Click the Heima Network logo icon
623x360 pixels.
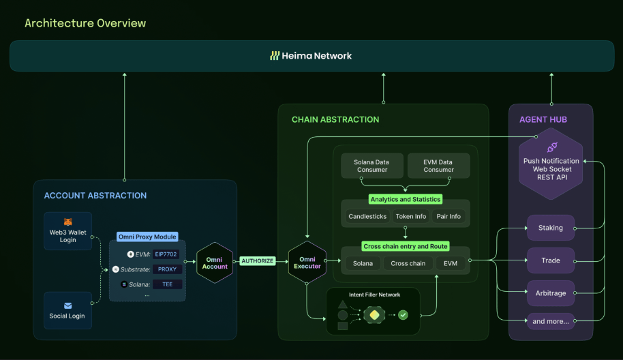tap(275, 56)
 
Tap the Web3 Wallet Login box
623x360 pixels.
tap(67, 230)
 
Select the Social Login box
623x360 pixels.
tap(67, 310)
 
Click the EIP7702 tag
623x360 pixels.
tap(167, 254)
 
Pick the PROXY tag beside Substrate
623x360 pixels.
tap(167, 269)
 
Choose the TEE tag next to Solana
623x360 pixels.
tap(167, 284)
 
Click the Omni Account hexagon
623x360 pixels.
tap(215, 262)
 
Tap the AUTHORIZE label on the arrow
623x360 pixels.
tap(258, 261)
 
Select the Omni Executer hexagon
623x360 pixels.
tap(307, 262)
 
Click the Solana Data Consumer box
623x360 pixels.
tap(371, 166)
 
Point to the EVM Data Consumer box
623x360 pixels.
tap(438, 166)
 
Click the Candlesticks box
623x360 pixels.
tap(367, 217)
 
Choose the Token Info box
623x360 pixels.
tap(410, 217)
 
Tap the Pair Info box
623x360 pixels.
tap(449, 217)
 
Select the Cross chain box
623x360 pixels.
tap(408, 263)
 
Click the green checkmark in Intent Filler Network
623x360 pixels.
tap(403, 315)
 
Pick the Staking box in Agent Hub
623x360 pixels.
tap(551, 228)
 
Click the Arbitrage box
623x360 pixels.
tap(551, 293)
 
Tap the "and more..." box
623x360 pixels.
tap(551, 321)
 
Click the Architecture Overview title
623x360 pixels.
tap(85, 23)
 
